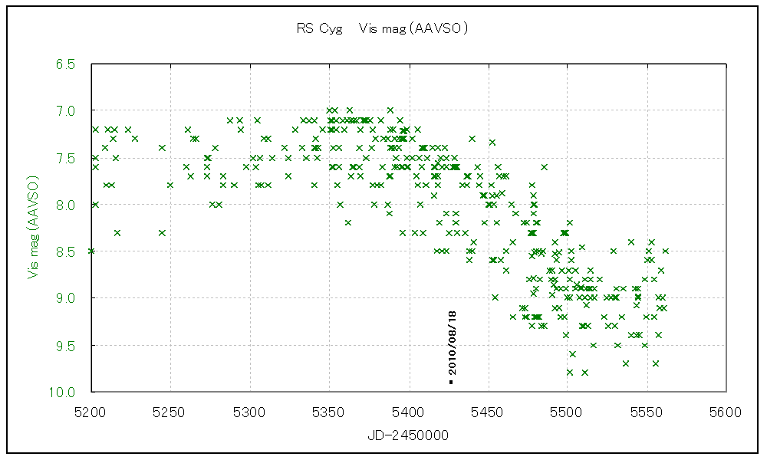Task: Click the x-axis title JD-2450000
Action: [407, 435]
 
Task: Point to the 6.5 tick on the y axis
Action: [65, 64]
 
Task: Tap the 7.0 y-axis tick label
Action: [65, 111]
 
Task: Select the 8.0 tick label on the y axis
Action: [65, 205]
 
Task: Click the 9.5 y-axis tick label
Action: [65, 345]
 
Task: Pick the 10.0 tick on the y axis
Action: [63, 393]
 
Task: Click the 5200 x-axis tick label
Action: [91, 412]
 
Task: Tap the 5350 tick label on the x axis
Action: [328, 412]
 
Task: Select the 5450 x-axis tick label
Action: [487, 412]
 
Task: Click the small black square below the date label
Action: [452, 381]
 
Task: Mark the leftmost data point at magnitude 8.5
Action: [91, 251]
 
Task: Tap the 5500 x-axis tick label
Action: [567, 412]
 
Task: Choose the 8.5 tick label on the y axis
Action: [65, 251]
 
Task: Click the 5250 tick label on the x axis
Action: [170, 412]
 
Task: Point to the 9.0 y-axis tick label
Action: [65, 298]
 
